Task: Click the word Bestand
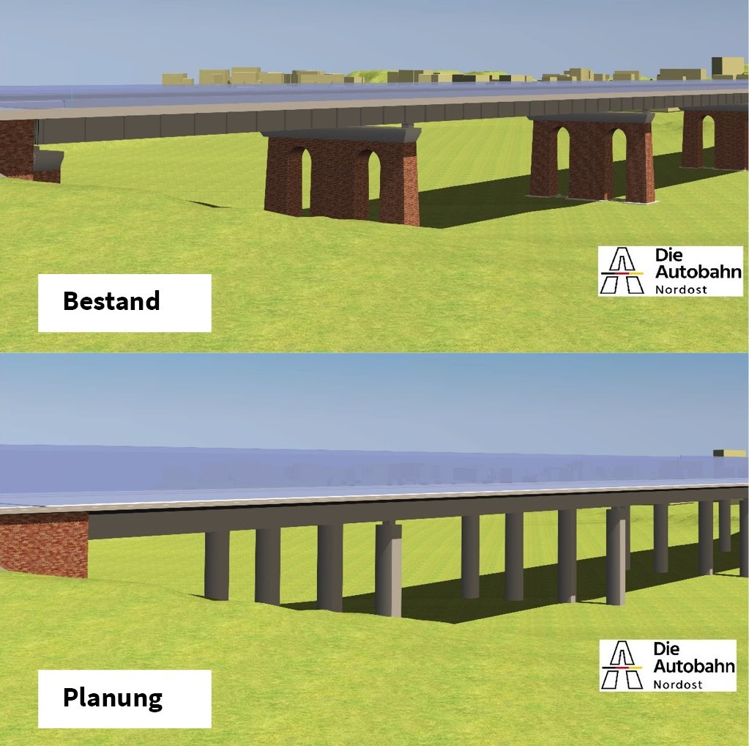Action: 111,301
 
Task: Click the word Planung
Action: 112,697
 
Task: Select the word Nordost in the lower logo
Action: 677,684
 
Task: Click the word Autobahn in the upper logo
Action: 698,272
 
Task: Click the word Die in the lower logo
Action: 666,649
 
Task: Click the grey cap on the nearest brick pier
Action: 341,135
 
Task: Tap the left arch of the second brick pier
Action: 562,158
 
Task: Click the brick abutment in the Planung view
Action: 44,543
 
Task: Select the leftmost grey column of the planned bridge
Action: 216,564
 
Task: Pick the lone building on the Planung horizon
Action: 729,453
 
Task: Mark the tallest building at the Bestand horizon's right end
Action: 726,66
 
